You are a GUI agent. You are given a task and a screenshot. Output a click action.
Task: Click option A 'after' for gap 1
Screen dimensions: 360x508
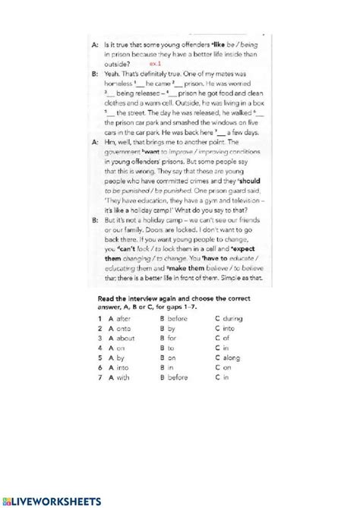pos(125,319)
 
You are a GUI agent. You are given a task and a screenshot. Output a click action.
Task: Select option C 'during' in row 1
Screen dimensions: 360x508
pos(232,319)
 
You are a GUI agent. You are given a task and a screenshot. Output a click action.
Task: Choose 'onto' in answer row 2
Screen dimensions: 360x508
pos(125,329)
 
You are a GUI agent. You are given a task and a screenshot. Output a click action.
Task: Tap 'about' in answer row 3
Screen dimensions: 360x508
pos(126,339)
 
